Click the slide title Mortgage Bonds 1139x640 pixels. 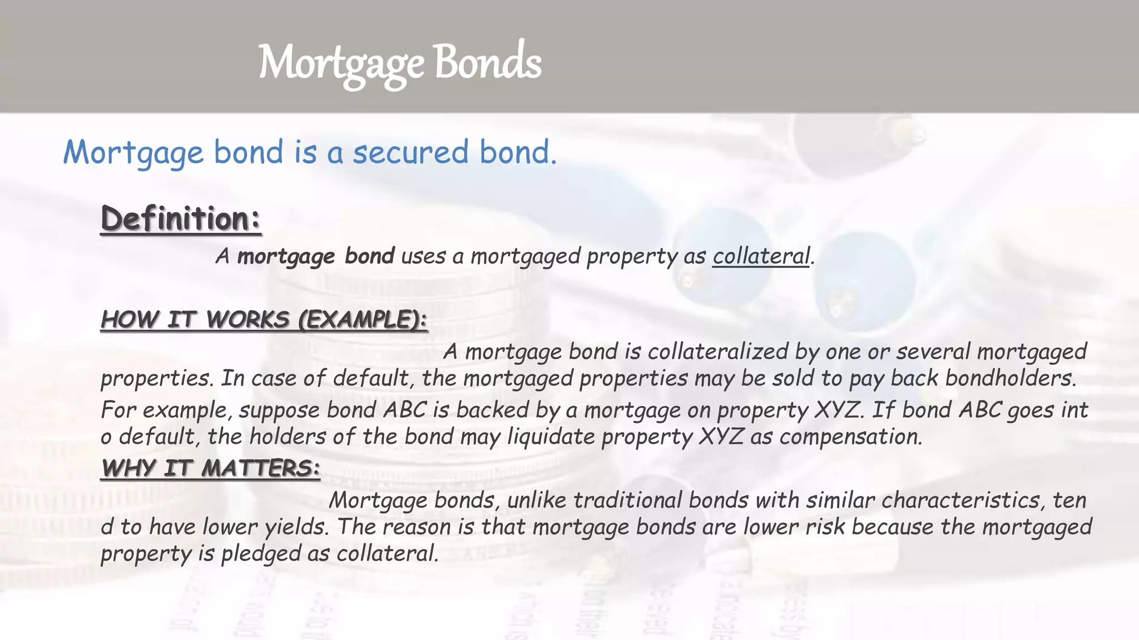coord(399,63)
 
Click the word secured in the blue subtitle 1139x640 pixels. coord(411,152)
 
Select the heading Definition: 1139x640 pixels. coord(181,219)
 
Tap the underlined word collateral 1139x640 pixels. coord(761,257)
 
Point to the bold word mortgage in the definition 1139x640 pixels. coord(286,257)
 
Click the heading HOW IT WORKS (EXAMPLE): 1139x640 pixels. coord(264,320)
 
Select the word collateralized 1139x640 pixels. coord(717,352)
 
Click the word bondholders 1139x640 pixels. coord(1010,379)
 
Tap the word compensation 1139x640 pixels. coord(850,437)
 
